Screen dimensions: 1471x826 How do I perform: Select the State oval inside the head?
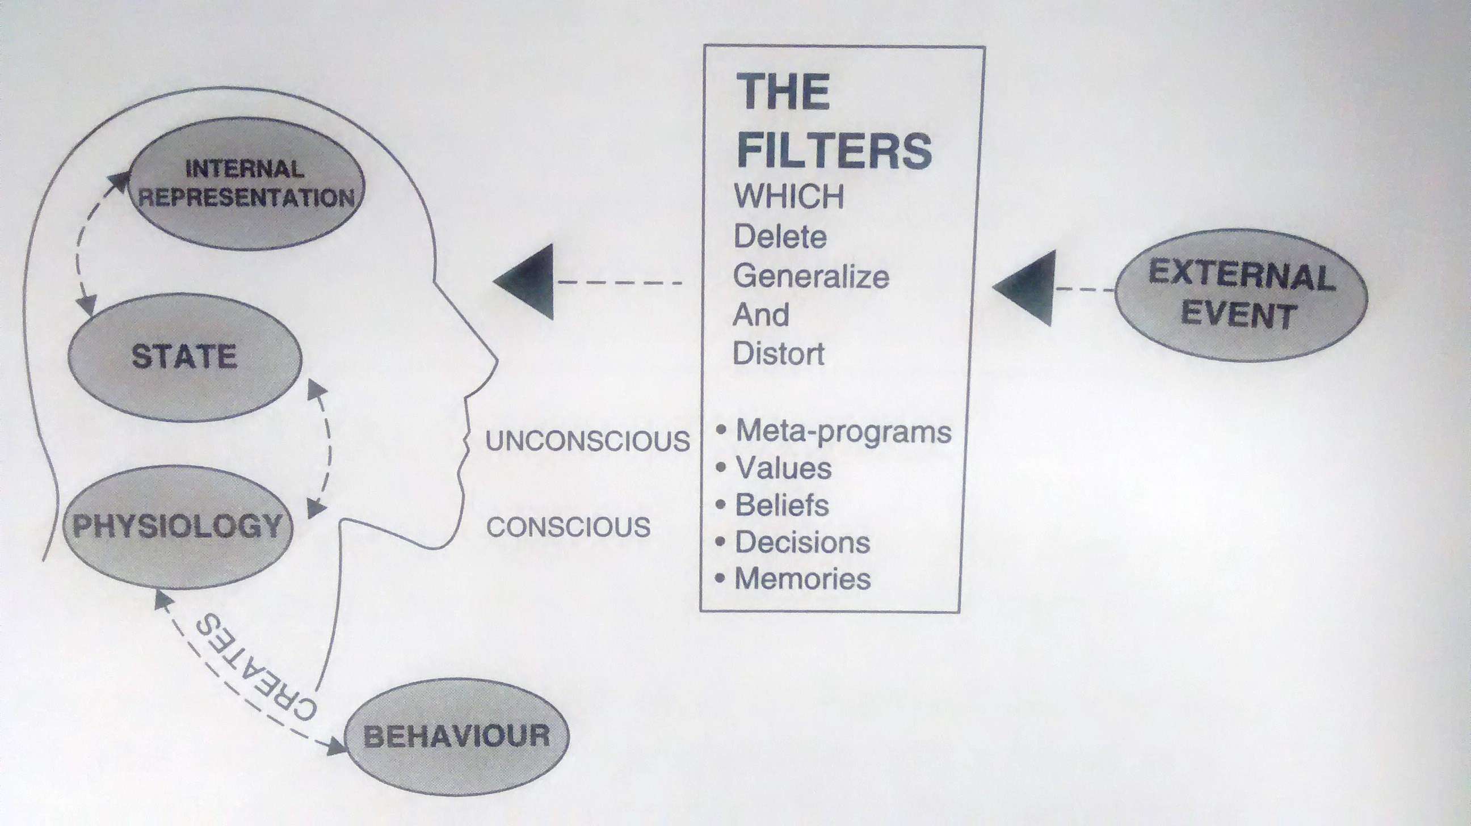(x=184, y=357)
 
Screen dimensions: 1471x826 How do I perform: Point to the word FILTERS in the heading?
(x=835, y=150)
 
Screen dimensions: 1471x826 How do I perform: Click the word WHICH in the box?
(x=789, y=197)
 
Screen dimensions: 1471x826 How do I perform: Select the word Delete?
(x=780, y=237)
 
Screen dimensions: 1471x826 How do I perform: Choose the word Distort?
(x=778, y=354)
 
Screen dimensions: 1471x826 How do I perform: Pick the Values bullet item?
(x=774, y=468)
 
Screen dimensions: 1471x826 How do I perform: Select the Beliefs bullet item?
(x=772, y=504)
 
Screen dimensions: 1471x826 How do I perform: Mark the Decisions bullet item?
(x=793, y=542)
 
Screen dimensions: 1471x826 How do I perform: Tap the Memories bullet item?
(x=793, y=579)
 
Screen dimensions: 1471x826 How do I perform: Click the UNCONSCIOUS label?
(x=587, y=441)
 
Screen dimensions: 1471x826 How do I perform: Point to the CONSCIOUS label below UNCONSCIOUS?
(x=568, y=527)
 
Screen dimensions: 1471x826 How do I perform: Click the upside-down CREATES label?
(x=255, y=667)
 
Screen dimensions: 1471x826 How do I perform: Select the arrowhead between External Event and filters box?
(x=1023, y=288)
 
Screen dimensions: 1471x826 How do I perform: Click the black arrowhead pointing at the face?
(x=524, y=281)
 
